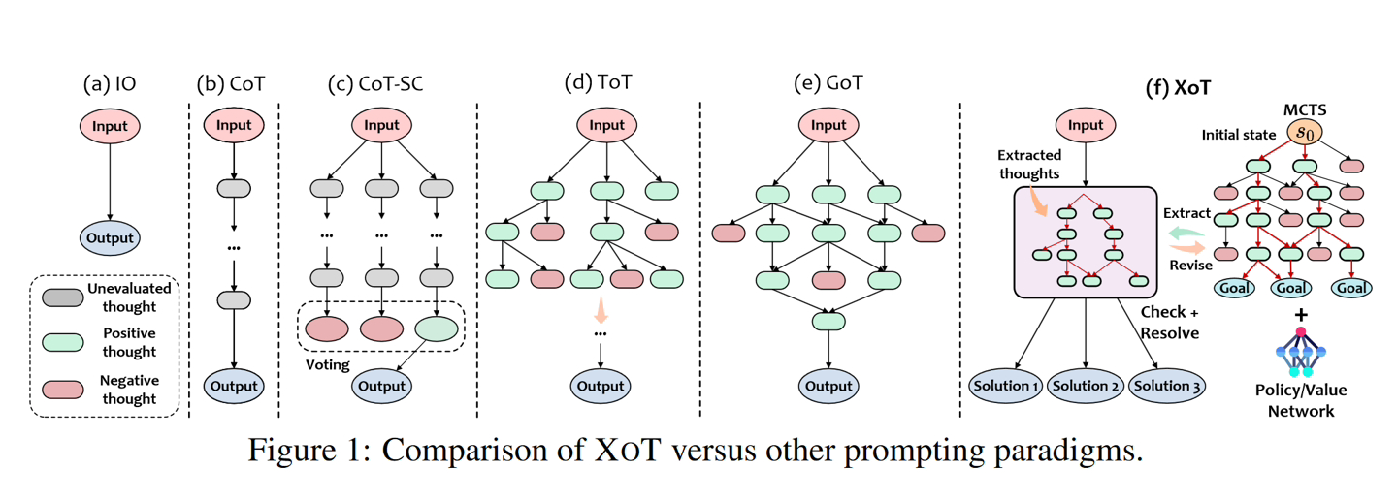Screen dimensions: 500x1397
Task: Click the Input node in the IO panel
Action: click(110, 126)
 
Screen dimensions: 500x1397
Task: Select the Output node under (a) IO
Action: click(110, 237)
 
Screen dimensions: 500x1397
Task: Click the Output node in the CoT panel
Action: click(234, 386)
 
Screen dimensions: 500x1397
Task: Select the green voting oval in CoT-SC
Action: click(435, 328)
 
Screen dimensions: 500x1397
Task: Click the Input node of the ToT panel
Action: click(607, 125)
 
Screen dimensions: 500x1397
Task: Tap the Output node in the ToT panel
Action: click(601, 386)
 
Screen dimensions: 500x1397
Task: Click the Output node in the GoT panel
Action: click(828, 386)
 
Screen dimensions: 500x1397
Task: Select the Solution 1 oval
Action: click(1006, 386)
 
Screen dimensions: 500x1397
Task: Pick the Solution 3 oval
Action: click(1167, 386)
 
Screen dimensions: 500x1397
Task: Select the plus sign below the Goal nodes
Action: click(1300, 315)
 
